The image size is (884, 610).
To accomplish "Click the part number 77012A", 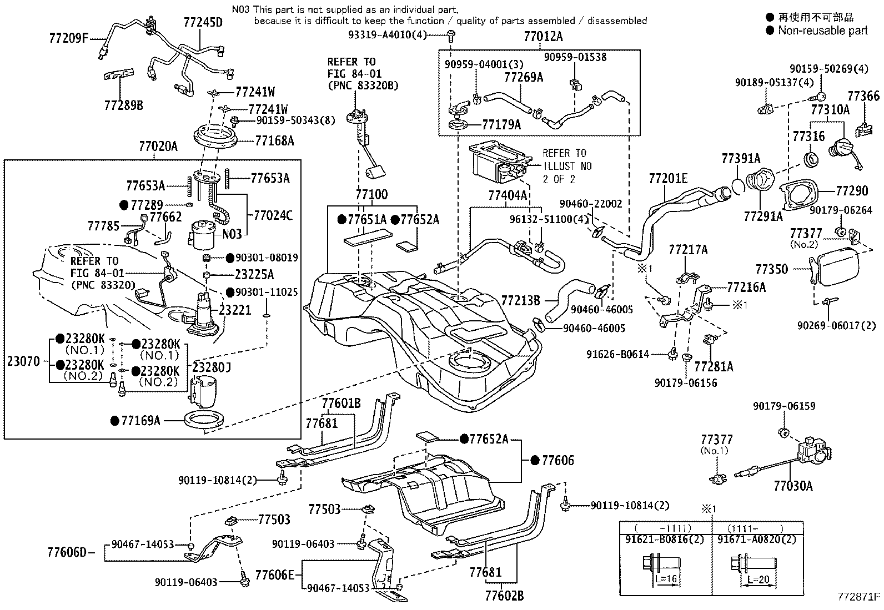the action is click(544, 37).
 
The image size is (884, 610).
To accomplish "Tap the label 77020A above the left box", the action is click(158, 147).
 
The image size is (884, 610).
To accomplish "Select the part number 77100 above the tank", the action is click(371, 194).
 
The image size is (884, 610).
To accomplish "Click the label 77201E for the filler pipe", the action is click(668, 179).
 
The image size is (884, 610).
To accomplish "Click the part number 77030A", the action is click(793, 486).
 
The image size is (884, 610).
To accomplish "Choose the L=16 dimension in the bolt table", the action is click(666, 579).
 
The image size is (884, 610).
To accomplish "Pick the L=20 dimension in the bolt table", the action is click(759, 579).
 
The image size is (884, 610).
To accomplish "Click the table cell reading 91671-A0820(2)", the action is click(757, 539).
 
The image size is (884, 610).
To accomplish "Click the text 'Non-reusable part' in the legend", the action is click(823, 31).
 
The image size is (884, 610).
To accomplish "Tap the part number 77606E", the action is click(275, 575).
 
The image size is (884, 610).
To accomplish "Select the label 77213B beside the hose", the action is click(520, 301).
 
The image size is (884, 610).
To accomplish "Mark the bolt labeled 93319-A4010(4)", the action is click(451, 36).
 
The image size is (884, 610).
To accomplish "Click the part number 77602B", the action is click(504, 596).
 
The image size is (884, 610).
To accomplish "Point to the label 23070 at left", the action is click(23, 361).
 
